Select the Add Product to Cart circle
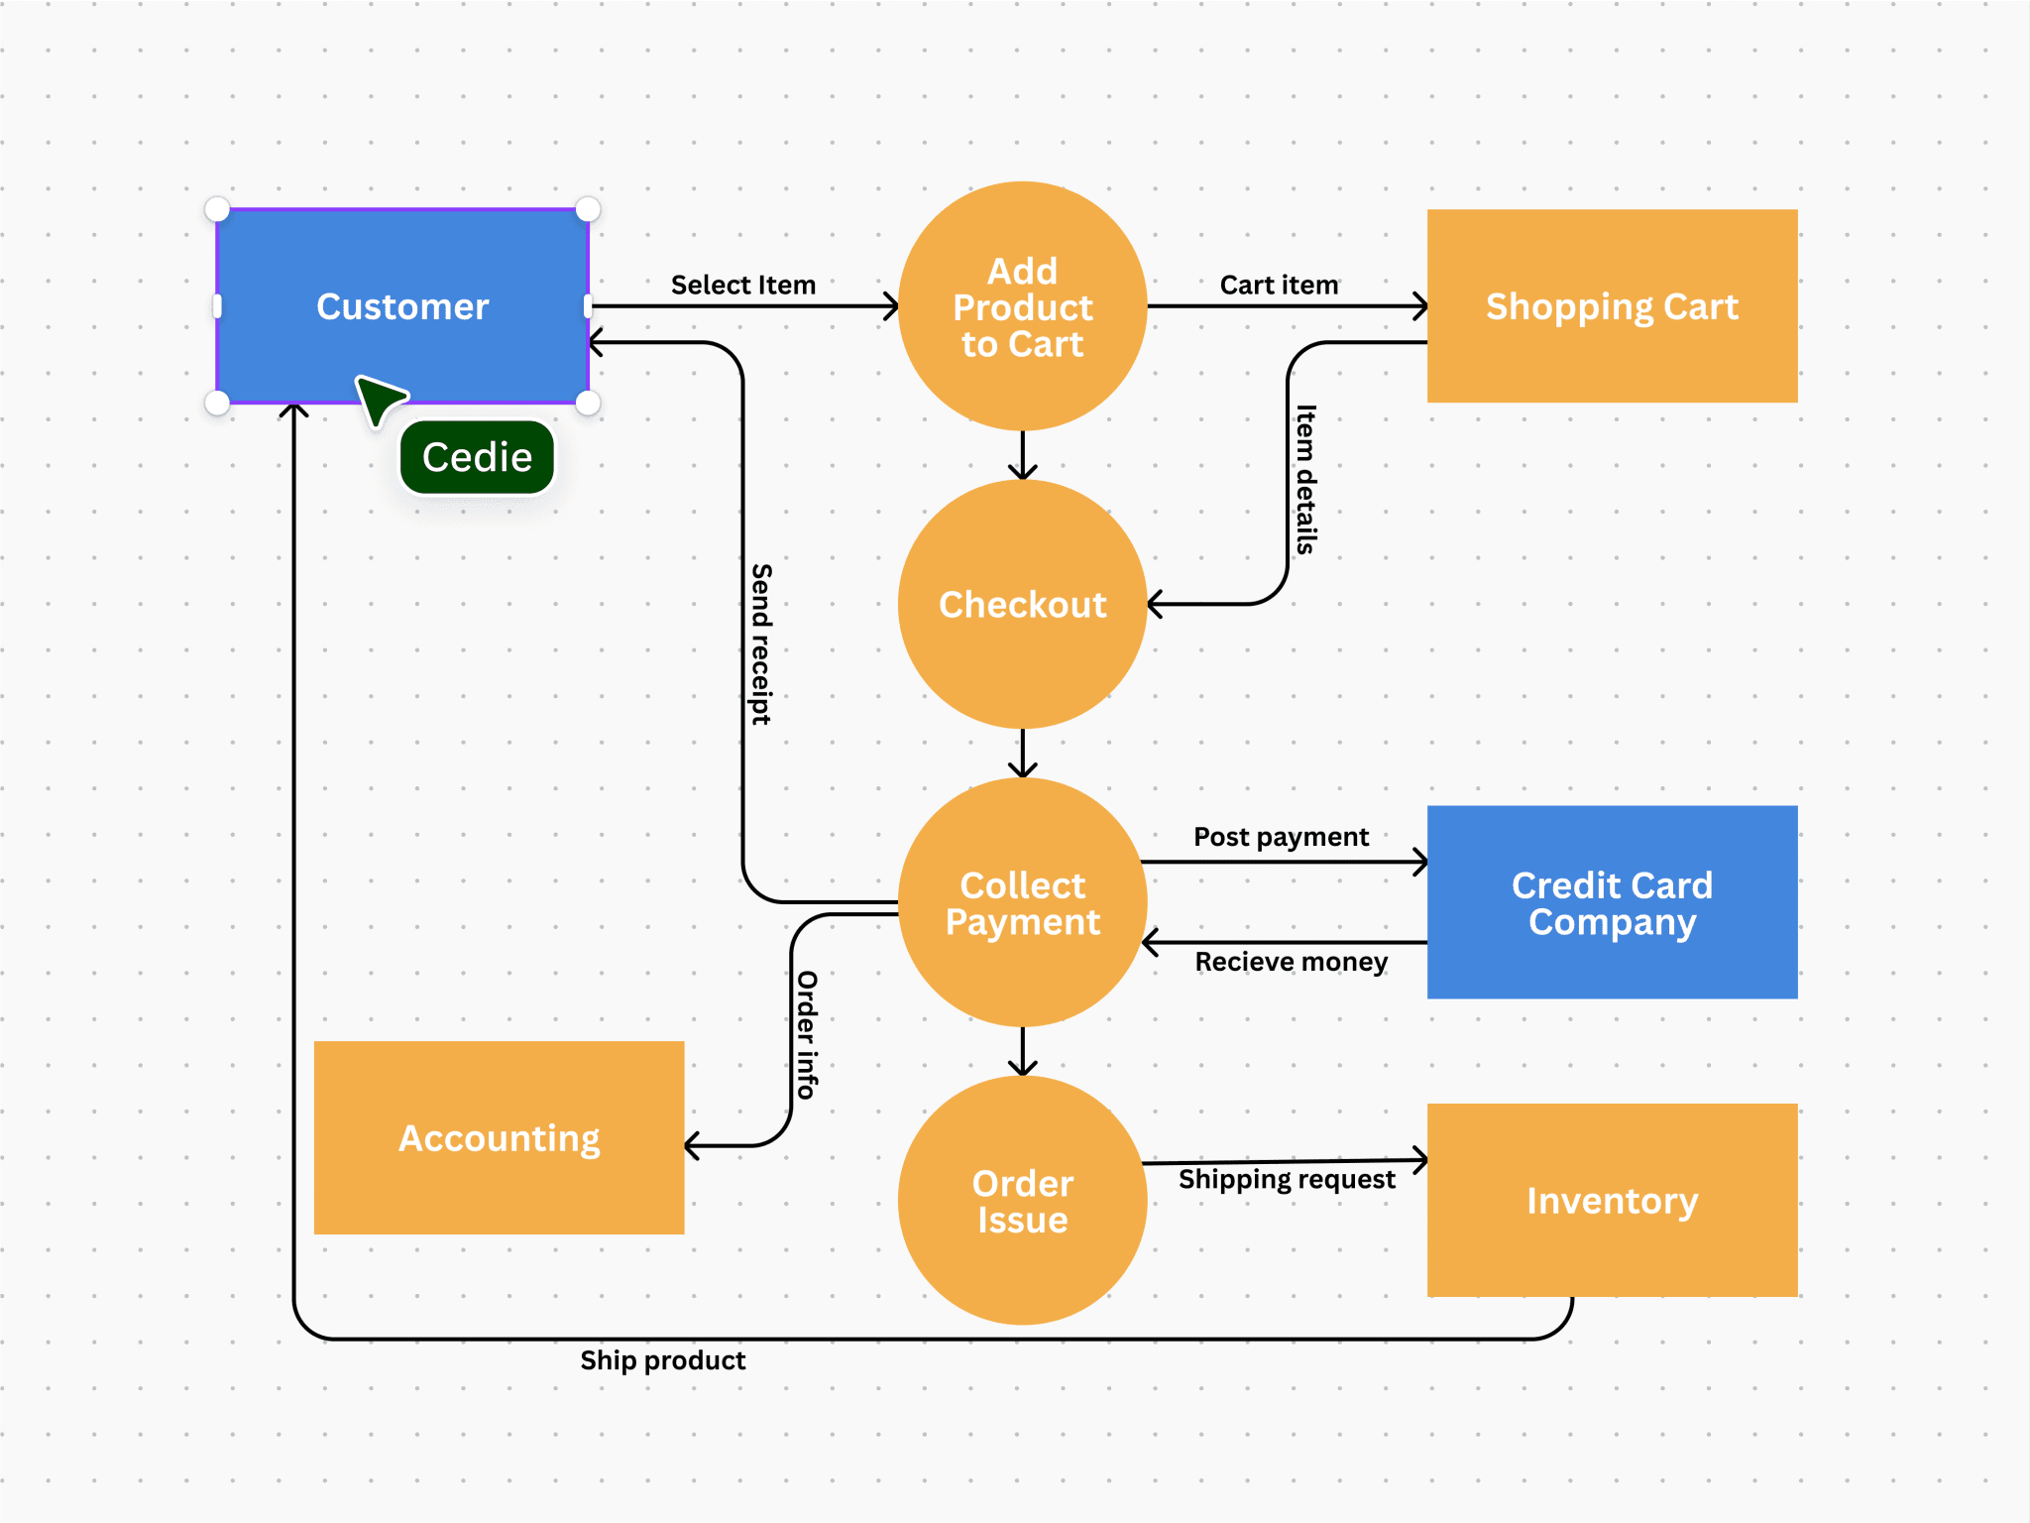point(1022,306)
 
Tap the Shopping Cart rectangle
point(1612,306)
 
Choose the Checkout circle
point(1022,604)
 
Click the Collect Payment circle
point(1022,902)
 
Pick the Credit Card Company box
point(1612,902)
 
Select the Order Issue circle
point(1022,1201)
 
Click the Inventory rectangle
point(1612,1201)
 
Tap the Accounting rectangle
point(499,1138)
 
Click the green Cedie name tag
point(477,457)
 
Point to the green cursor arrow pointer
point(379,399)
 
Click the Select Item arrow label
point(742,286)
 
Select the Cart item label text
point(1279,286)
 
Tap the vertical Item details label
point(1305,479)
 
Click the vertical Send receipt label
point(760,644)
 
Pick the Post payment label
point(1281,837)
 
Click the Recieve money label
point(1291,962)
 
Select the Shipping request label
point(1287,1179)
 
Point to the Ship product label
point(662,1360)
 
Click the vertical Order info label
point(807,1034)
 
